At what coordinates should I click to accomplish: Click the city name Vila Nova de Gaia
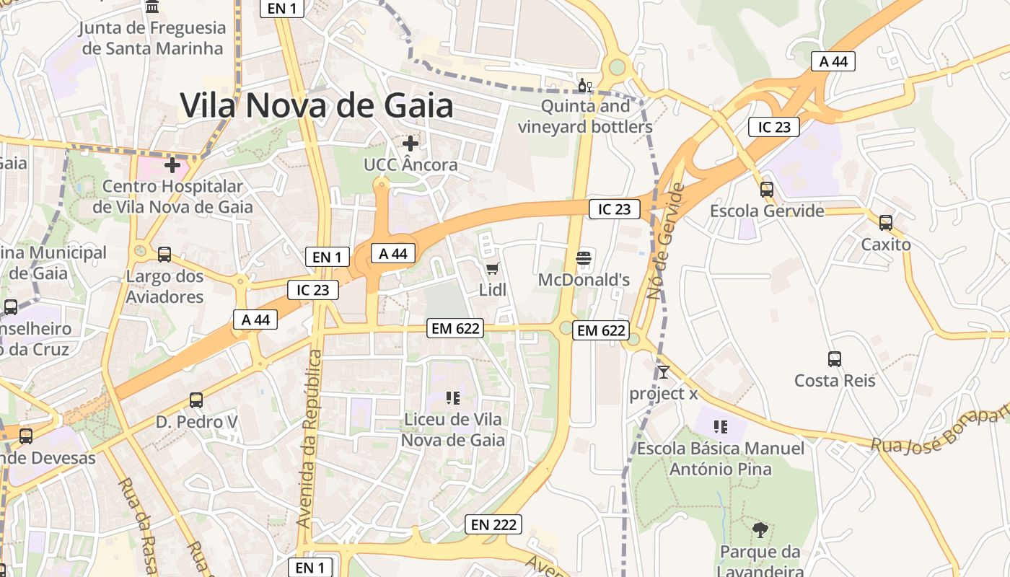pos(317,105)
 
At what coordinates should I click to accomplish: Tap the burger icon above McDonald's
pos(584,257)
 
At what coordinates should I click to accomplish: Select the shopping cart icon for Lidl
pos(493,269)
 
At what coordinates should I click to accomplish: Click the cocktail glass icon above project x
pos(664,372)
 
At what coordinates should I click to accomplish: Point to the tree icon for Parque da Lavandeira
pos(760,530)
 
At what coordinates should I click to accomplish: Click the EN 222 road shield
pos(493,524)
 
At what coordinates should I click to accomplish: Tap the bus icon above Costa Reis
pos(835,358)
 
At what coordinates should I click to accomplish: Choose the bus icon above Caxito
pos(886,223)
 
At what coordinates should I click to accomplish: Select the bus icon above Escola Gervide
pos(767,190)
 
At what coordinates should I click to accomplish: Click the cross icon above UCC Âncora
pos(410,144)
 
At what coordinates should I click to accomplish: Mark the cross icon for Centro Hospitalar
pos(172,165)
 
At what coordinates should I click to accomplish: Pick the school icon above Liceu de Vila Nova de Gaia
pos(453,397)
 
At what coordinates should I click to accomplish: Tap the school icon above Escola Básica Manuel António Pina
pos(720,427)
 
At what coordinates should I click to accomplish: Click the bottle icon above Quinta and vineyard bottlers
pos(584,86)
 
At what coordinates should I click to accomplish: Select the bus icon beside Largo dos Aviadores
pos(164,254)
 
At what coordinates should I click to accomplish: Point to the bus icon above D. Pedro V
pos(196,400)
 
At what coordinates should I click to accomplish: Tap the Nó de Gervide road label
pos(666,241)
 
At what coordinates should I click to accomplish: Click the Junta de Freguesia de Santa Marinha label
pos(152,38)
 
